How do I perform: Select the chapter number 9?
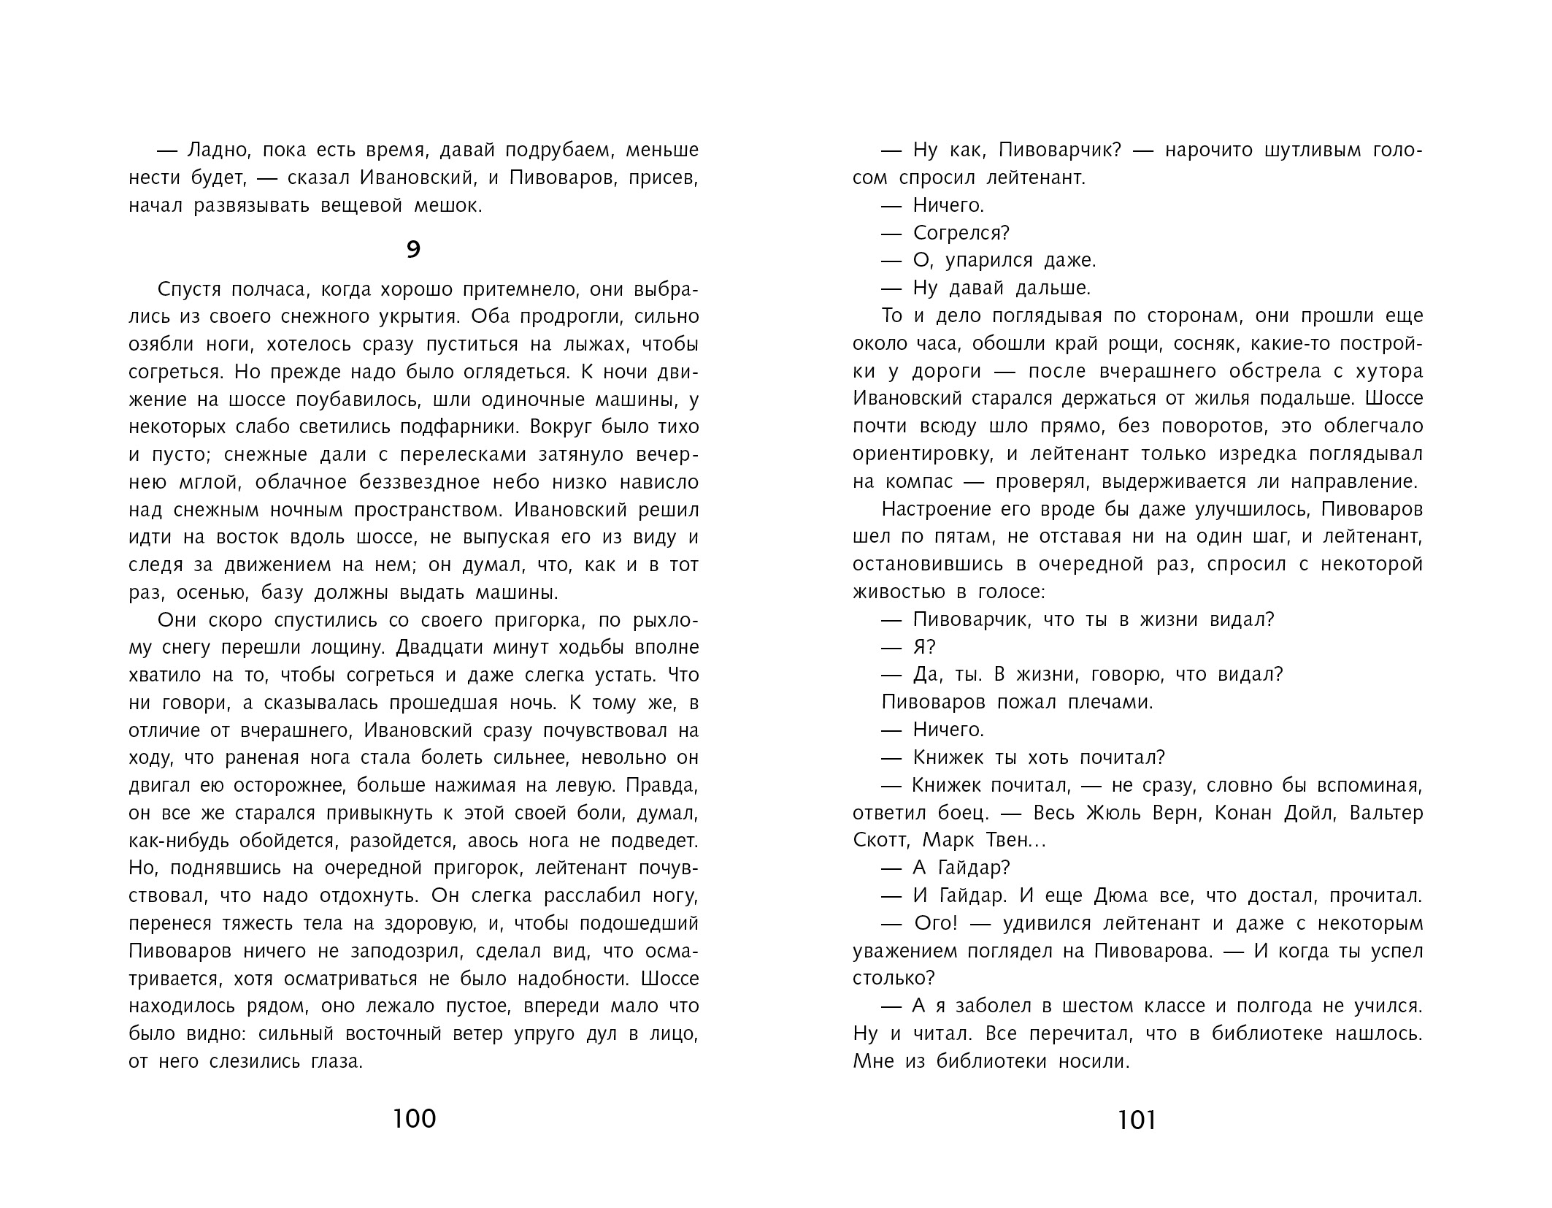413,251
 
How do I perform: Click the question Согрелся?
961,233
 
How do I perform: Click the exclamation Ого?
935,924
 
